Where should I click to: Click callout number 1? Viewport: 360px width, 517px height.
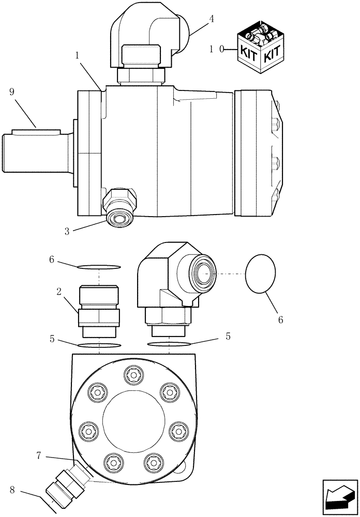(77, 55)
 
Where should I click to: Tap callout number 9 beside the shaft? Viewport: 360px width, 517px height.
(12, 92)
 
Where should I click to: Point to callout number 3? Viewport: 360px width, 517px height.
(67, 231)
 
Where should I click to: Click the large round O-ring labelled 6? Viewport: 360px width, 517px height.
(261, 272)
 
